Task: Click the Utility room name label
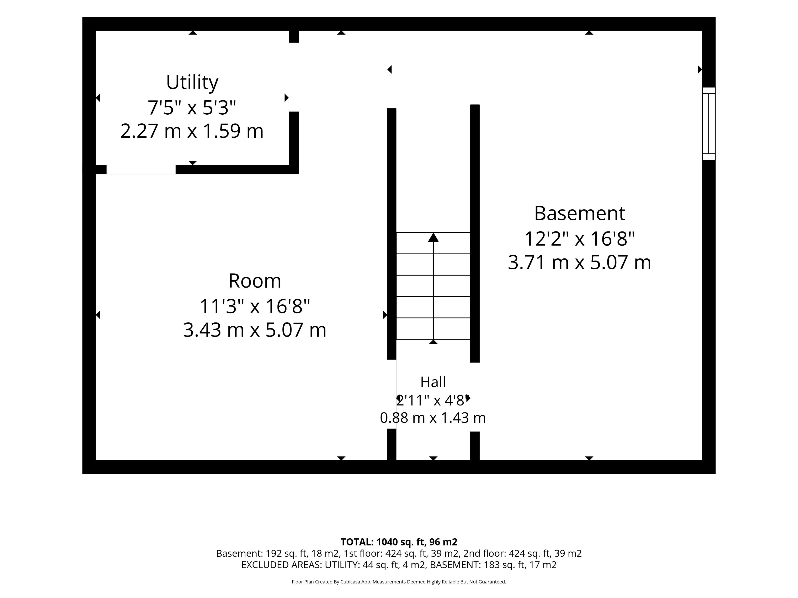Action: pos(192,83)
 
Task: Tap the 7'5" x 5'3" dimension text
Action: pos(192,107)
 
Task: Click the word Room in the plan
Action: pos(255,281)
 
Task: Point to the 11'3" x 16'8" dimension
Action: pos(255,306)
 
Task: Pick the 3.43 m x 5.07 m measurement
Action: pos(255,330)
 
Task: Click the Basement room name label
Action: pos(579,213)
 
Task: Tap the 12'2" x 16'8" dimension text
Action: pos(579,239)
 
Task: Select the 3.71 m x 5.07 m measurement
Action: pos(579,262)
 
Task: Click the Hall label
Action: pos(433,382)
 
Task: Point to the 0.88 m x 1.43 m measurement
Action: pos(433,418)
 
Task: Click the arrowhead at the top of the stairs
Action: pos(433,238)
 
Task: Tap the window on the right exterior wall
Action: pos(708,123)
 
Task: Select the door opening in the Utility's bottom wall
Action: pos(141,169)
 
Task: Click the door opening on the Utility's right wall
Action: pos(294,77)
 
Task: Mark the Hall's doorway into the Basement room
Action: pos(475,397)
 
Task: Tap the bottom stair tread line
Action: pos(433,339)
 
